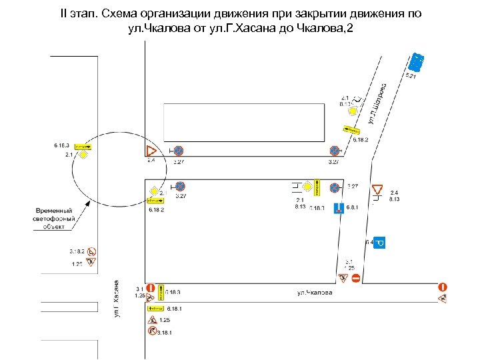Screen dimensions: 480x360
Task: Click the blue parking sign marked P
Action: click(x=379, y=243)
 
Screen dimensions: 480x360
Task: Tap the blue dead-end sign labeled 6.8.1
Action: click(x=339, y=207)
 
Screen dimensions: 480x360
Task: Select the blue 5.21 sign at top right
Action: click(x=416, y=62)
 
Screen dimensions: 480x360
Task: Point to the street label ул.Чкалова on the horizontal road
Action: click(x=315, y=293)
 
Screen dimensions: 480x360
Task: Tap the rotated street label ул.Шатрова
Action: click(x=378, y=103)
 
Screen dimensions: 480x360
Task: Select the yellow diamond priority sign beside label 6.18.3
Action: click(x=83, y=155)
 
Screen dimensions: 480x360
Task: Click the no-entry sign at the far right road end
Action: click(x=443, y=287)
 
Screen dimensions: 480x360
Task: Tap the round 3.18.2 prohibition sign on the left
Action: click(x=92, y=251)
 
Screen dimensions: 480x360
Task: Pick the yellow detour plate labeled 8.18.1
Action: click(x=155, y=309)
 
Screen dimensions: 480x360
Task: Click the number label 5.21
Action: click(x=411, y=77)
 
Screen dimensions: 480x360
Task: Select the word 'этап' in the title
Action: click(x=94, y=14)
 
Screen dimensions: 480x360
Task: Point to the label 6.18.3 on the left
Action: click(x=62, y=145)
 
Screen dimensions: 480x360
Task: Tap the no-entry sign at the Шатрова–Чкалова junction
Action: click(x=356, y=277)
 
